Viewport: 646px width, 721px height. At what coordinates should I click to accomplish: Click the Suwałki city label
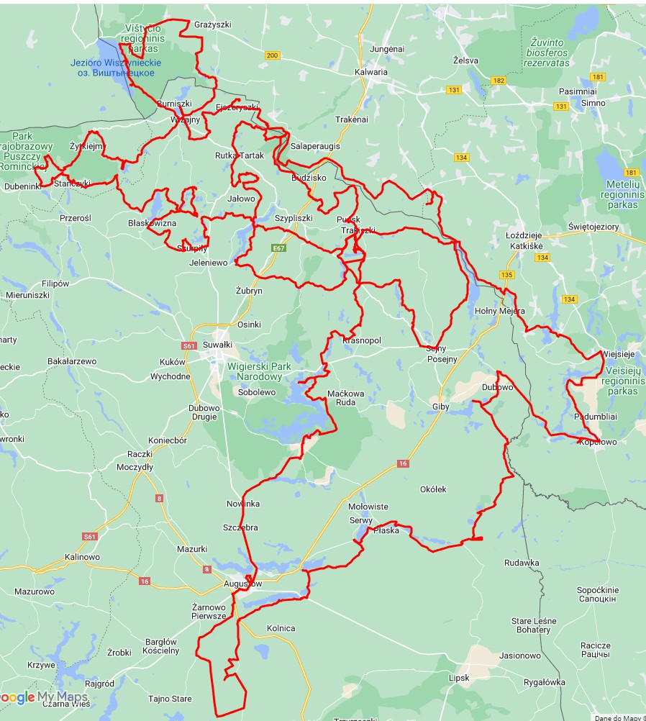217,345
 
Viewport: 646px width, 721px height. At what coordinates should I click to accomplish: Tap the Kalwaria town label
371,72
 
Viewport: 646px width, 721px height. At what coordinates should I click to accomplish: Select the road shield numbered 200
272,55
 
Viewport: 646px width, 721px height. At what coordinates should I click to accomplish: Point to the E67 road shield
279,248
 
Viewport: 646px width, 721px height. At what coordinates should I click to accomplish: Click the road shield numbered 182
499,81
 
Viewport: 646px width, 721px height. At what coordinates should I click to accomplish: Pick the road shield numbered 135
508,275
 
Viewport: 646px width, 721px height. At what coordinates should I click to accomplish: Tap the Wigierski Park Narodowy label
259,371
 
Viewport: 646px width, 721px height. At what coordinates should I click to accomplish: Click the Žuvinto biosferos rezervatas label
547,53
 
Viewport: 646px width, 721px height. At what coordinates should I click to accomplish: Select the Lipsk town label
458,678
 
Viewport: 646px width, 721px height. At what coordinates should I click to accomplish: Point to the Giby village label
441,407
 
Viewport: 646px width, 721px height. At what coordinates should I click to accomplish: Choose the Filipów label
55,284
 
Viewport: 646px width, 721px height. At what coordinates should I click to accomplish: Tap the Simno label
593,103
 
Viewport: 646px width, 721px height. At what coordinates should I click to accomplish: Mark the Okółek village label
433,489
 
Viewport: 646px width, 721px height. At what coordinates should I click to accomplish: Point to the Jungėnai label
387,49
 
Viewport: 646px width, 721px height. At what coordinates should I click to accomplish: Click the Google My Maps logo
43,697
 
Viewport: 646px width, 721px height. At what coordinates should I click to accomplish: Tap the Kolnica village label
281,628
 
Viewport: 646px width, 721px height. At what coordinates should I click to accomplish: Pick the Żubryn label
249,291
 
